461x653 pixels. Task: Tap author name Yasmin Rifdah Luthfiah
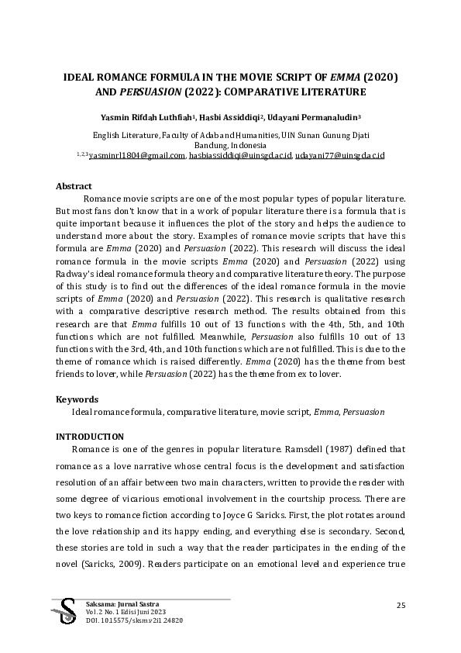(146, 118)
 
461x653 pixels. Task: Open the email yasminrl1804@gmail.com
(137, 155)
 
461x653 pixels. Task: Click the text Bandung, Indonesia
(230, 145)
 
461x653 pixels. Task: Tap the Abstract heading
(74, 186)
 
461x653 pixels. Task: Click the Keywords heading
(77, 399)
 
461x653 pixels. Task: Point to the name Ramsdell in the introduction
(299, 449)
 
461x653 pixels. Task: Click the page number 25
(401, 605)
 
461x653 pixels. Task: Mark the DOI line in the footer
(126, 620)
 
